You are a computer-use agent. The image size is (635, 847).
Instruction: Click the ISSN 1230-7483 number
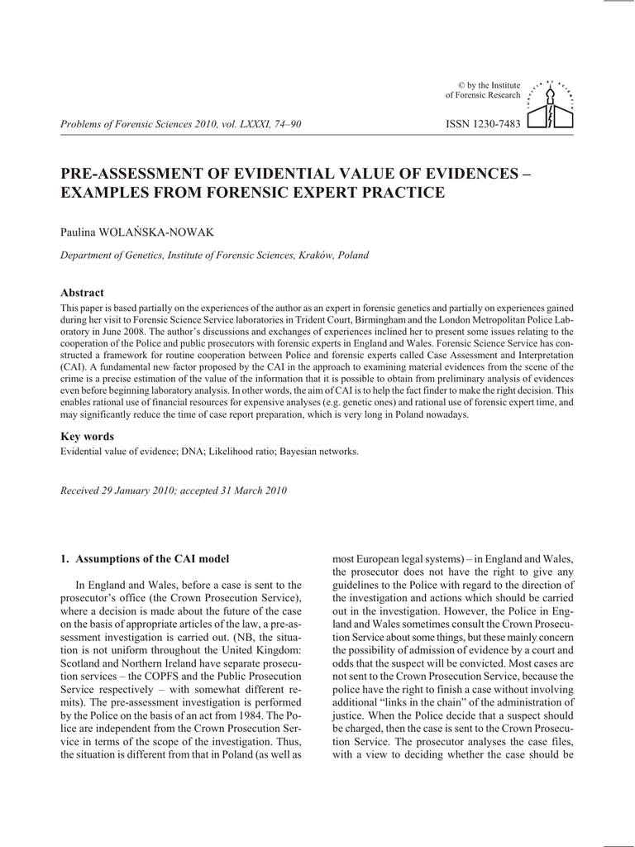(x=483, y=124)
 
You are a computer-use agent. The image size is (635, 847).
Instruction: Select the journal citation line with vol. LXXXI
(x=181, y=124)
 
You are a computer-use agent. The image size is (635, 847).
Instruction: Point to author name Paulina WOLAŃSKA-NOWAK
(x=137, y=232)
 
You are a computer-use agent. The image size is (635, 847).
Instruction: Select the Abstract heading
(x=83, y=293)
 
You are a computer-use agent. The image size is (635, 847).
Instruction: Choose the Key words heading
(x=88, y=436)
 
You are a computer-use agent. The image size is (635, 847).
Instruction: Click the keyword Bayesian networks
(x=319, y=452)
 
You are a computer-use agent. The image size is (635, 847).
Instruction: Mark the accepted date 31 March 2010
(x=251, y=491)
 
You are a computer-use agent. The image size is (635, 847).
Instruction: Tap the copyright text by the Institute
(x=489, y=85)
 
